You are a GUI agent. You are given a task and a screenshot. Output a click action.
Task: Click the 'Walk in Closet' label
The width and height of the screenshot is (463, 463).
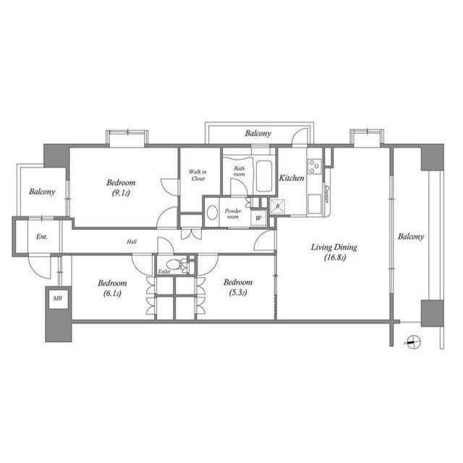(x=197, y=175)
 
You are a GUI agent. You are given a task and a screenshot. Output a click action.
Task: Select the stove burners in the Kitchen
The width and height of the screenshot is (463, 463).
(x=315, y=166)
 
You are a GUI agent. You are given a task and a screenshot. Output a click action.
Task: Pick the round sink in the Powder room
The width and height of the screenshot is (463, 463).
(x=212, y=213)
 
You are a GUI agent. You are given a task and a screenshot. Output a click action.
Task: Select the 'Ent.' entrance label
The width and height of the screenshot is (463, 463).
(x=42, y=237)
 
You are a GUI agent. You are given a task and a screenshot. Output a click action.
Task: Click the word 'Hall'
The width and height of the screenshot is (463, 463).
(x=132, y=242)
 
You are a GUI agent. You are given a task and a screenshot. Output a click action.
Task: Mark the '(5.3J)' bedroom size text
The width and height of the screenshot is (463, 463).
(x=236, y=292)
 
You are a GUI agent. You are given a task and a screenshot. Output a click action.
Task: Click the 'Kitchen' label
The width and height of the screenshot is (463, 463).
(x=292, y=178)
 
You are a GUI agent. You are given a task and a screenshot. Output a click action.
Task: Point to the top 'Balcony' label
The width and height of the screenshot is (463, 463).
(x=257, y=134)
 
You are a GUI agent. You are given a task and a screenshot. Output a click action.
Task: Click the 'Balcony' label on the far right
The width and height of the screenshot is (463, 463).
(x=410, y=237)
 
